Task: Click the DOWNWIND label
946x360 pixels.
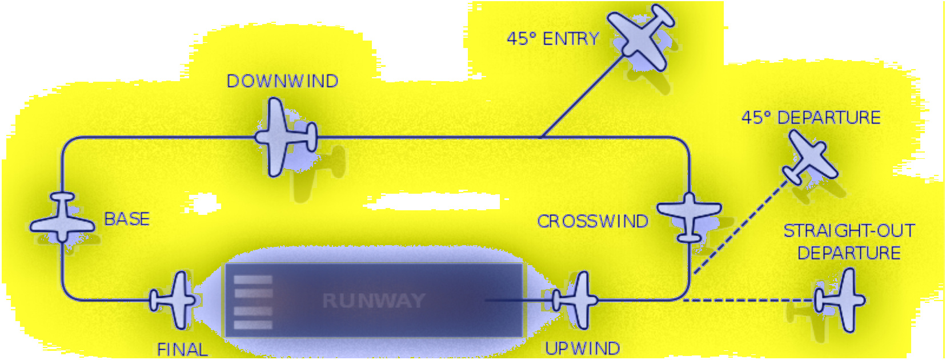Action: tap(282, 81)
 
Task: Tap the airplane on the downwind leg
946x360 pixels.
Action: tap(284, 137)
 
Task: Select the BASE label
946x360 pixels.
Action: tap(127, 219)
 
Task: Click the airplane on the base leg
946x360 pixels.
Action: tap(62, 219)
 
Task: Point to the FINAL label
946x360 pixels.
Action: tap(182, 349)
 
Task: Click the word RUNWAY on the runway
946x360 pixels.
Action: tap(374, 301)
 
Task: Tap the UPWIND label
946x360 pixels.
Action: tap(582, 349)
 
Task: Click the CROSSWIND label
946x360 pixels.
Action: tap(592, 221)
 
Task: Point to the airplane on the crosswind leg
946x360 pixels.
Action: tap(690, 215)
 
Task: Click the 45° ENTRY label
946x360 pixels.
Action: tap(552, 39)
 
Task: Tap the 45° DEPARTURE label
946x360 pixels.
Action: tap(811, 118)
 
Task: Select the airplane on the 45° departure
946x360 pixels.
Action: tap(809, 157)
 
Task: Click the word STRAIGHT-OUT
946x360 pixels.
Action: tap(849, 231)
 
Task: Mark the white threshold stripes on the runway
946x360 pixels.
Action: tap(253, 302)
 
